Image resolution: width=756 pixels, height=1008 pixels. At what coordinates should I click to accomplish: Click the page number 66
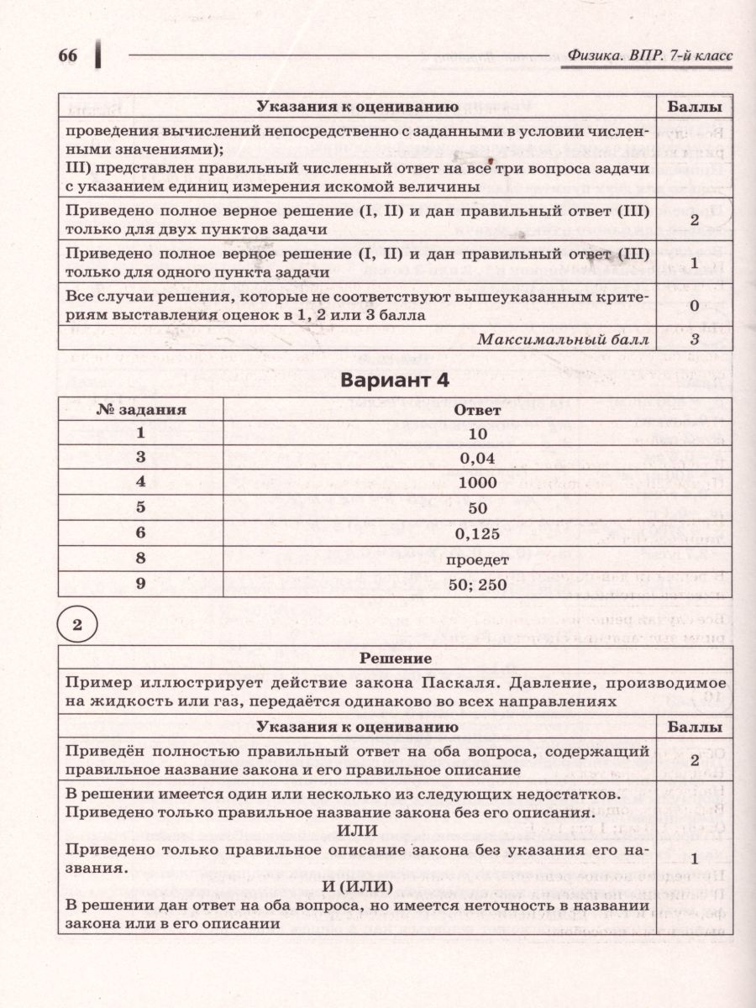click(x=67, y=57)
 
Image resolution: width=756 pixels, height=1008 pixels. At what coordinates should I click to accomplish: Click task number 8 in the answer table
click(x=141, y=559)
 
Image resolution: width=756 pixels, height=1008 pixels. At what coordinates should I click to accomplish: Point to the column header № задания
click(x=141, y=411)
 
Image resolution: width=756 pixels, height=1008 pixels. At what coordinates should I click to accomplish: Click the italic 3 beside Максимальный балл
click(x=695, y=339)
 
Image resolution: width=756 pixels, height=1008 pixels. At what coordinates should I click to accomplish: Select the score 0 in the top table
click(x=695, y=306)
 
